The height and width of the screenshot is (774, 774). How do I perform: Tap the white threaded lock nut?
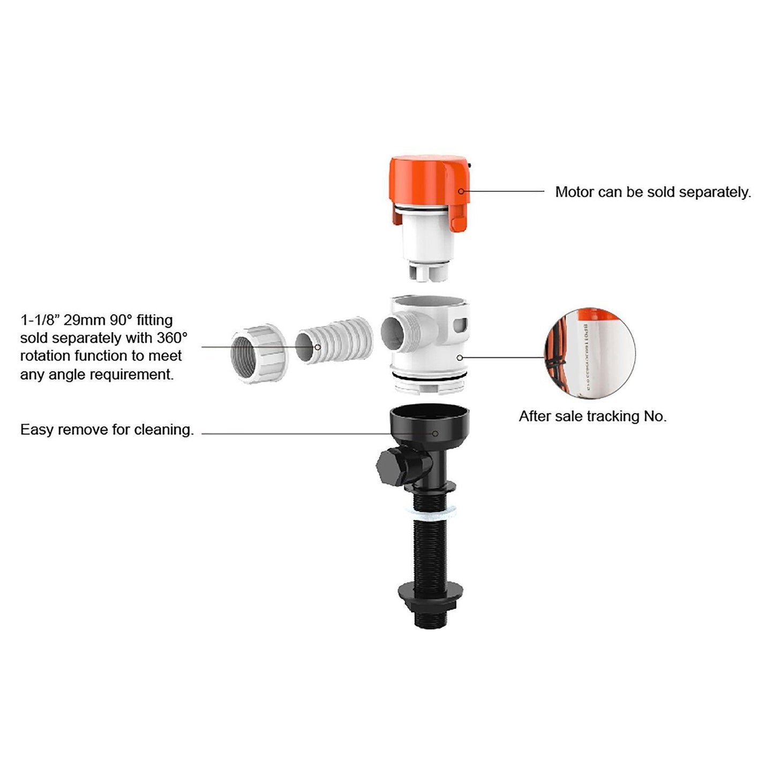coord(260,353)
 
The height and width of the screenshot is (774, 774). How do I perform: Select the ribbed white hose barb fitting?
coord(333,342)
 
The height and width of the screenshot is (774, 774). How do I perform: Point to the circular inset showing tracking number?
coord(590,353)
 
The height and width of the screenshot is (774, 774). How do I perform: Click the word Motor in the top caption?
coord(574,192)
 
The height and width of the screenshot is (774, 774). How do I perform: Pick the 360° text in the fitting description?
coord(172,338)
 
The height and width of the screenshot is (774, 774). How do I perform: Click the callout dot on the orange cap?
coord(461,191)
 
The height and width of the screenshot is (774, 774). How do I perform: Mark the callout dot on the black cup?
coord(435,433)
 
